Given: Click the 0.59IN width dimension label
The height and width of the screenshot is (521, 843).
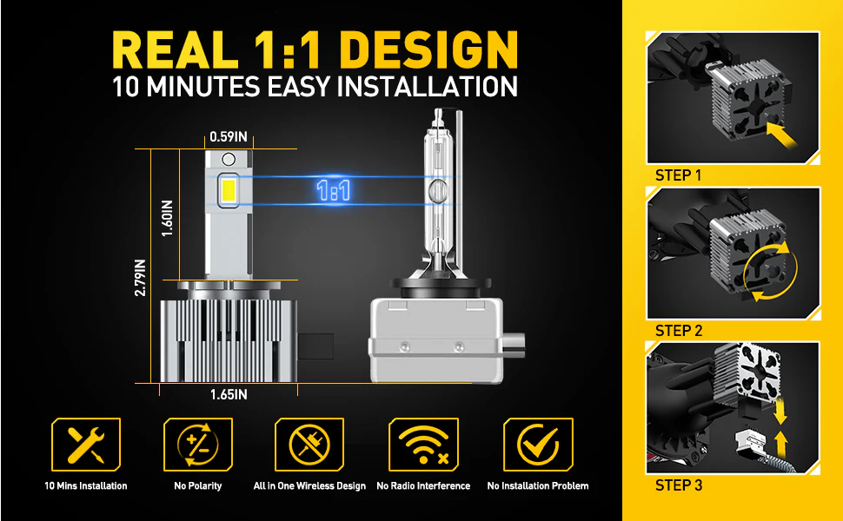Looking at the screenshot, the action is tap(229, 137).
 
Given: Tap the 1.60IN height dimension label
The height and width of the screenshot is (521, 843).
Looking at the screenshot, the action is tap(167, 218).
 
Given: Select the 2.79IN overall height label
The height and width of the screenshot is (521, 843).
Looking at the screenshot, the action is tap(140, 278).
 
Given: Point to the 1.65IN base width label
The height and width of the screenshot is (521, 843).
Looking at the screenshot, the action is tap(229, 395).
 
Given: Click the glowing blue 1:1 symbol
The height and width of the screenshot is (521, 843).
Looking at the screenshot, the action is tap(334, 191).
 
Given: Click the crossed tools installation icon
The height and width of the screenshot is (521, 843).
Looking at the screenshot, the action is tap(86, 445).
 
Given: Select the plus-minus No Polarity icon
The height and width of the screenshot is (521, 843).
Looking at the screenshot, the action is tap(198, 445).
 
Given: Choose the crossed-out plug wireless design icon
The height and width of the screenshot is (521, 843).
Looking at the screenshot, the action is tap(309, 445).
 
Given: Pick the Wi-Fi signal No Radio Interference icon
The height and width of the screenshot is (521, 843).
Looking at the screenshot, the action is tap(423, 445).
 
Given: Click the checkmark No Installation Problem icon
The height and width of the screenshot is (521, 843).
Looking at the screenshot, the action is tap(538, 445).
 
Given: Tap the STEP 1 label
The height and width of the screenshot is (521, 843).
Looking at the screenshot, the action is tap(679, 175).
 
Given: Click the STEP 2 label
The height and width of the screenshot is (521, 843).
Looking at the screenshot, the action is tap(679, 331).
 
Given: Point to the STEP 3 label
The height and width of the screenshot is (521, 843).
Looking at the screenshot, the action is tap(679, 485).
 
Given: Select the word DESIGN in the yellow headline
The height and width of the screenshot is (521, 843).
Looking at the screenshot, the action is tap(428, 50).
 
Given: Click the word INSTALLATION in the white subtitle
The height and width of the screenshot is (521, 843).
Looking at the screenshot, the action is tap(427, 87).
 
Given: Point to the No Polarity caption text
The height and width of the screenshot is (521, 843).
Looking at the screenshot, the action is tap(198, 486).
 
